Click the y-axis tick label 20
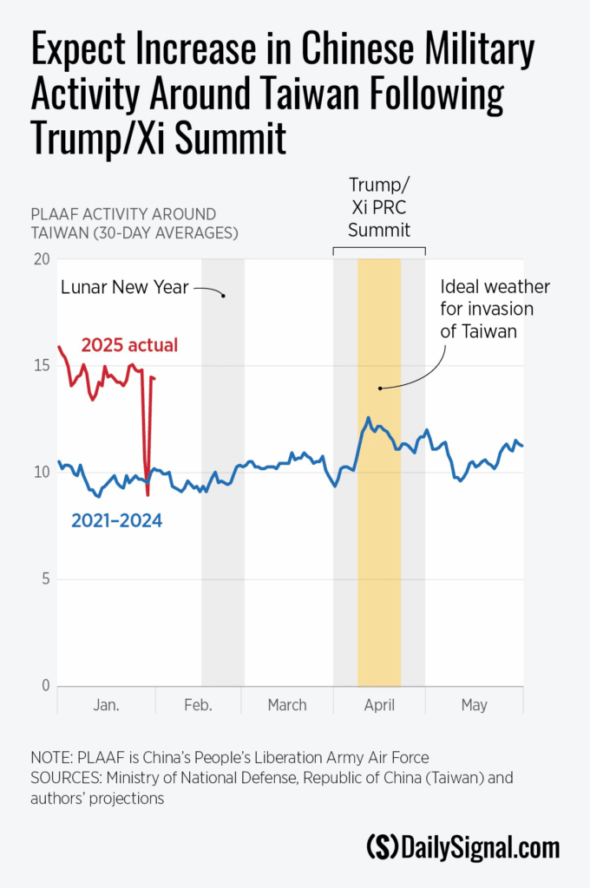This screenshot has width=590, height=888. coord(40,258)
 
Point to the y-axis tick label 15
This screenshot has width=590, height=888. coord(40,365)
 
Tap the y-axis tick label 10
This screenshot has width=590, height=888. coord(40,473)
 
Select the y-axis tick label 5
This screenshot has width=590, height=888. coord(45,579)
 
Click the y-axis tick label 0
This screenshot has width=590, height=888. coord(45,686)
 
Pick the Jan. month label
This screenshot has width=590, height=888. coord(106,705)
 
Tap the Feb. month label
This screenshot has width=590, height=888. coord(199,705)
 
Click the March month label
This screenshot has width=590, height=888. coord(287,705)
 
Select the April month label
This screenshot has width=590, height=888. coord(379,705)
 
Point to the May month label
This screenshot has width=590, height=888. coord(474,705)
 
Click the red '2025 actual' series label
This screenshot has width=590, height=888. coord(129,345)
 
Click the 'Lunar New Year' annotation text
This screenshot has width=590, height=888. coord(125,287)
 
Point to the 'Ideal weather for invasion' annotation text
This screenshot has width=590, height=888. coord(495,308)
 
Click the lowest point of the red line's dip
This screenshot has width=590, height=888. coord(148,494)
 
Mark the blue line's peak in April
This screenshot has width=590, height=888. coord(368,418)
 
